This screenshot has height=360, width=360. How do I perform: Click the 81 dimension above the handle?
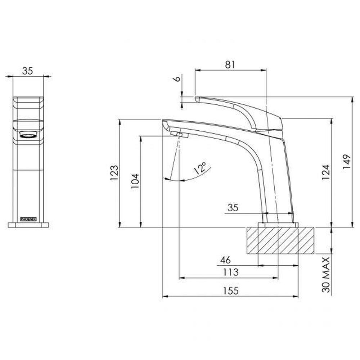[x=230, y=64]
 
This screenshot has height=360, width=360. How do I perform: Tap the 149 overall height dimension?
[x=346, y=162]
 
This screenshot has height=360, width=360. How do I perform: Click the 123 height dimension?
[x=114, y=173]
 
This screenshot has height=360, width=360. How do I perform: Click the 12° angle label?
[x=201, y=168]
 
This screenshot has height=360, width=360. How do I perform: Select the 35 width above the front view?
[x=27, y=71]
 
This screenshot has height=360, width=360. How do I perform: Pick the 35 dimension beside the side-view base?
[x=233, y=208]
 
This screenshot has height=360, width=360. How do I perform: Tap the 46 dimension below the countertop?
[x=225, y=260]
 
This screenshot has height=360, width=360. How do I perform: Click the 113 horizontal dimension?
[x=230, y=272]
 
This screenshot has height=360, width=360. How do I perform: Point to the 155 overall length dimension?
[x=230, y=291]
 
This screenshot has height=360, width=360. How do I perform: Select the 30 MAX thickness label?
[x=326, y=274]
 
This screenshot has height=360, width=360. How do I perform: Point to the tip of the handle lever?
[x=197, y=98]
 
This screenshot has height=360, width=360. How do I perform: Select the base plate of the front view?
[x=28, y=225]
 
